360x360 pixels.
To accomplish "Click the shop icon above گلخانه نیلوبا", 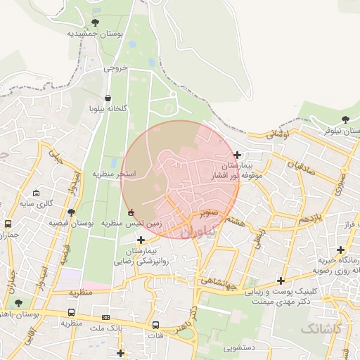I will coord(108,98).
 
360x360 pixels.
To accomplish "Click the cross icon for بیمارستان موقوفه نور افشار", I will coord(238,155).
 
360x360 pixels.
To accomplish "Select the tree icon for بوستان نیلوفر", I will coord(345,120).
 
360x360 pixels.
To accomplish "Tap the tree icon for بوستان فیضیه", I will coord(70,212).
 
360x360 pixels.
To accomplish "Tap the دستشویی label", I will coord(240,347).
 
